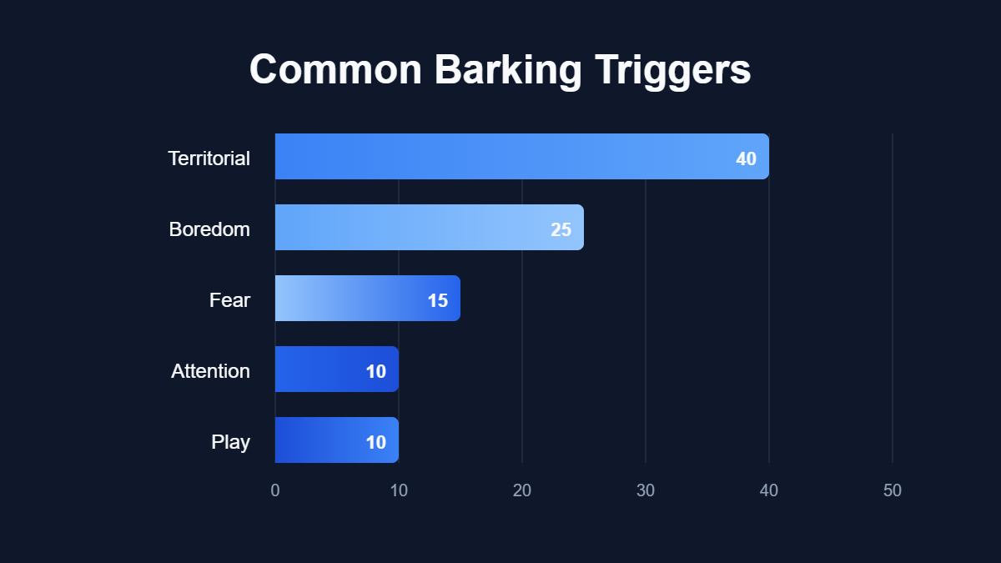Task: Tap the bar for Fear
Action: [367, 298]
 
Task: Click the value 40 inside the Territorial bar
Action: [746, 158]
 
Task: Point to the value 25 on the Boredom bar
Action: [561, 229]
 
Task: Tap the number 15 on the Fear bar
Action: [438, 300]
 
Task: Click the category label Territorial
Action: [209, 158]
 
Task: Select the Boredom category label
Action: [209, 229]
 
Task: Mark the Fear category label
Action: [229, 299]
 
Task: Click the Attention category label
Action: [210, 370]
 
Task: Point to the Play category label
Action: [231, 441]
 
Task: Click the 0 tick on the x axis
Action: [275, 490]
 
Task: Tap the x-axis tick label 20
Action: [522, 490]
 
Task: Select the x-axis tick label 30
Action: [646, 490]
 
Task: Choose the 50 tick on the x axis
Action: [893, 490]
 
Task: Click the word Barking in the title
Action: [507, 70]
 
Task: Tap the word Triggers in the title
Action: [672, 70]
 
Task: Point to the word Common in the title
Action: [335, 70]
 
